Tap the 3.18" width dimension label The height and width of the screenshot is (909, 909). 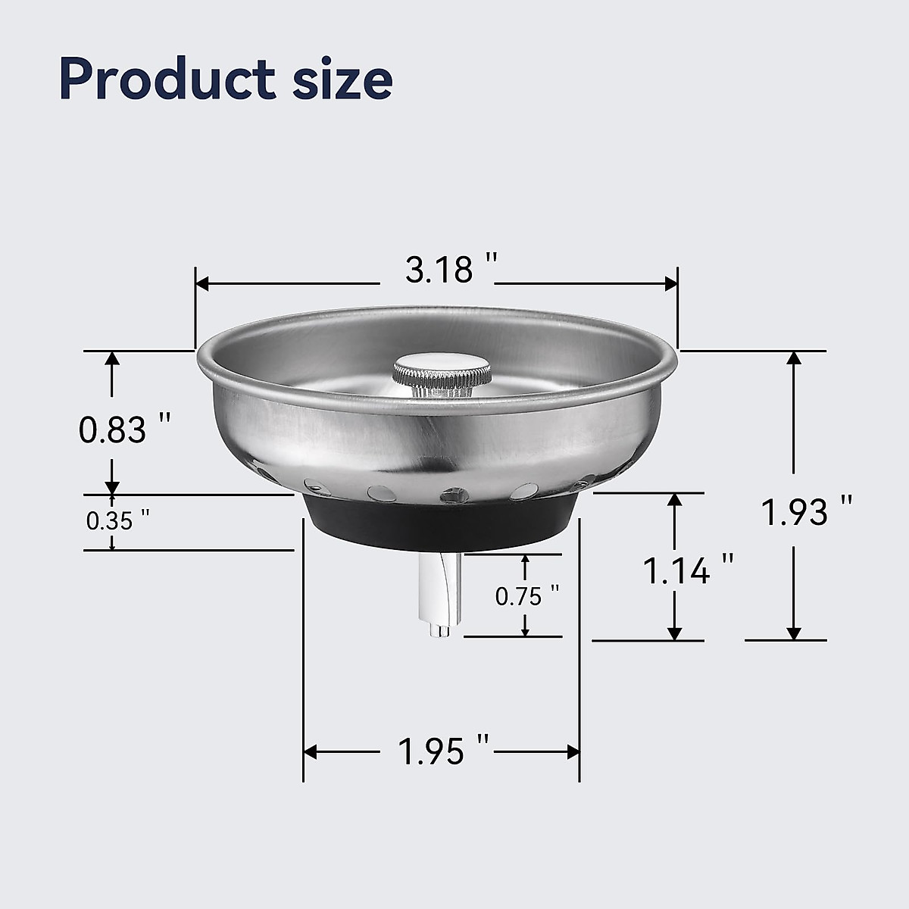451,270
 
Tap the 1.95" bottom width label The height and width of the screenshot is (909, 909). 444,751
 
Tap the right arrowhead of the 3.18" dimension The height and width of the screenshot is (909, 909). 670,283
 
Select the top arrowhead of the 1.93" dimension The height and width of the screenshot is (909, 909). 794,358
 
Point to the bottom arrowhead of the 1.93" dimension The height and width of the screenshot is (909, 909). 794,633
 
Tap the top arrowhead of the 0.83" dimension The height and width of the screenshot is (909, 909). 112,359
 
